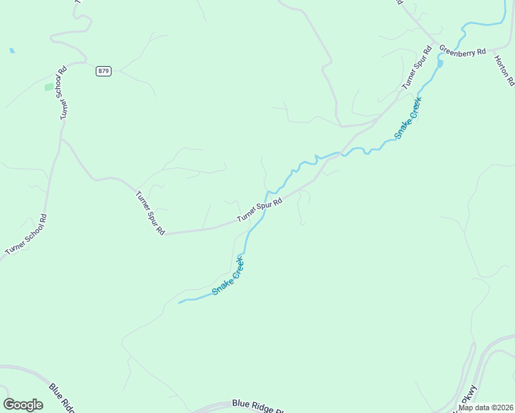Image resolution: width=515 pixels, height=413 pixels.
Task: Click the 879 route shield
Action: coord(103,71)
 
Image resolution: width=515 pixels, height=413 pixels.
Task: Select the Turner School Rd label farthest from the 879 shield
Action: coord(26,235)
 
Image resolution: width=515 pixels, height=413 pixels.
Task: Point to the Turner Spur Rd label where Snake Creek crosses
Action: coord(260,210)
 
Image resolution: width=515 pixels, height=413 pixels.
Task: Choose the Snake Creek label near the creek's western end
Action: coord(229,275)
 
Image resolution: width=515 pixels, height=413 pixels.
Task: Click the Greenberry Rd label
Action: coord(463,51)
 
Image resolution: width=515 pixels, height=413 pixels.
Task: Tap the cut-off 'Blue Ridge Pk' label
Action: coord(257,406)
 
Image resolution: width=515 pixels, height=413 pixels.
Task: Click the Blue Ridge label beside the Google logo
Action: coord(61,397)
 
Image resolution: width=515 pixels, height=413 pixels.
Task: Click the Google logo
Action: coord(23,405)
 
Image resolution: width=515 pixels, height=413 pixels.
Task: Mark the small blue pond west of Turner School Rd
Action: coord(12,50)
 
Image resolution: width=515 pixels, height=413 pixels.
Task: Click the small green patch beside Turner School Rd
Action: coord(49,87)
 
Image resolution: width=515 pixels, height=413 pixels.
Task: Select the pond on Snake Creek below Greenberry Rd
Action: coord(440,64)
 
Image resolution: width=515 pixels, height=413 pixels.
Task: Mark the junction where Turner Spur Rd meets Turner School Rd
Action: coord(61,139)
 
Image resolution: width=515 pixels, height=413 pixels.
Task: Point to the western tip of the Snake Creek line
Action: coord(180,302)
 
